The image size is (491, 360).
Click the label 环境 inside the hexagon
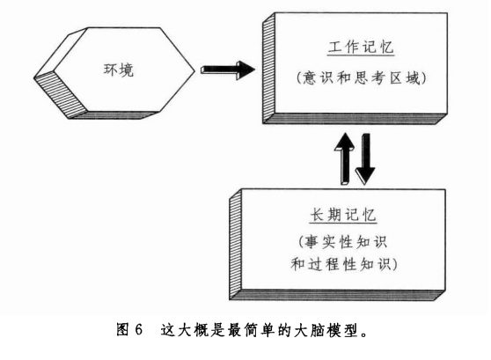119,70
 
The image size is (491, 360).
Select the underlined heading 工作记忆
361,48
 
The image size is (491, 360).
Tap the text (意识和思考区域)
361,77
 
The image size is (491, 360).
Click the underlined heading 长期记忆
343,216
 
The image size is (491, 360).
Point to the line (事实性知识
342,242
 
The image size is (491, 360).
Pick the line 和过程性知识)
344,264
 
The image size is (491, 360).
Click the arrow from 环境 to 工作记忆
228,70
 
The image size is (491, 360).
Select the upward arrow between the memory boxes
345,158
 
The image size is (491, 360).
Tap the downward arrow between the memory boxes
365,158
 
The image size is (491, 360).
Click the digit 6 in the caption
139,330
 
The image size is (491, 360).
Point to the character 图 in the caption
122,330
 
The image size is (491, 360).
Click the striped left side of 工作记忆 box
268,69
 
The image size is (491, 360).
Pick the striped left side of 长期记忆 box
236,245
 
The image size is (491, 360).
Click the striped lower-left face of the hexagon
61,93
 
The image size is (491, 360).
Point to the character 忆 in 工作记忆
386,48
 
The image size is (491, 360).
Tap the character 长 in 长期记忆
317,216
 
